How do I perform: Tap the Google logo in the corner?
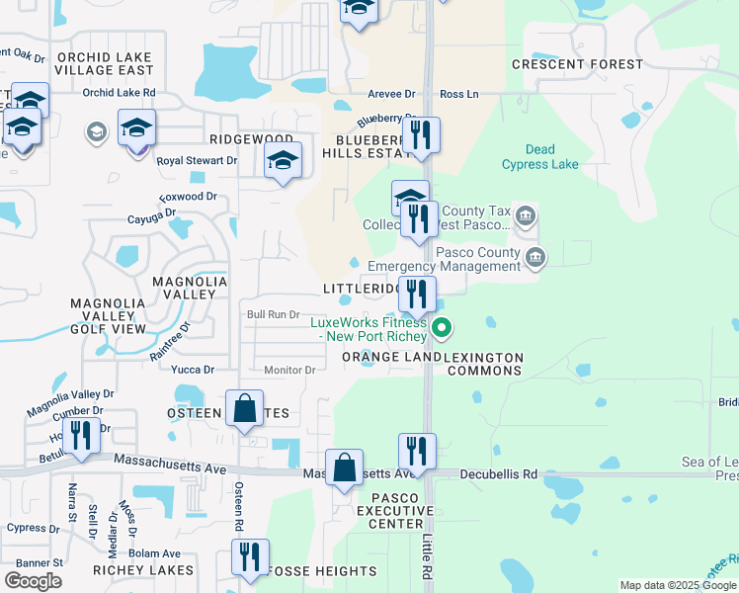(33, 580)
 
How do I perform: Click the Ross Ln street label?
(459, 94)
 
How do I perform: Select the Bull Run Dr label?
(273, 314)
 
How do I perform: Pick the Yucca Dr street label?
(193, 370)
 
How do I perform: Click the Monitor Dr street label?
(289, 370)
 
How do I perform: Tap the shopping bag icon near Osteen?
(244, 408)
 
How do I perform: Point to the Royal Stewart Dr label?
(198, 160)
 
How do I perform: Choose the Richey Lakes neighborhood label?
(143, 570)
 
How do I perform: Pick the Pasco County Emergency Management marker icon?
(535, 257)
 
